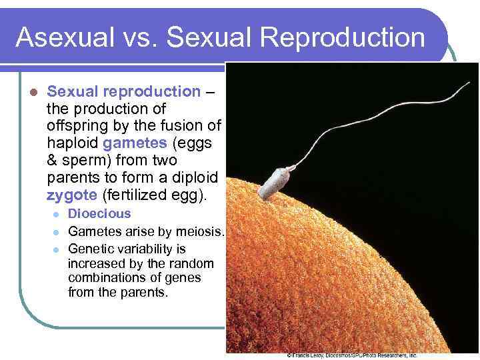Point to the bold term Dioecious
pos(100,214)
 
